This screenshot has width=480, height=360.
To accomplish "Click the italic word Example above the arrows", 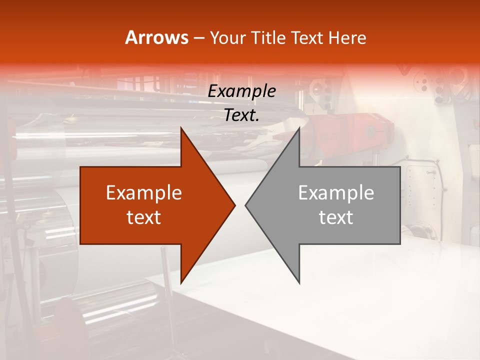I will (242, 91).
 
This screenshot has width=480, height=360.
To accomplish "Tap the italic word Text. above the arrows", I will (242, 115).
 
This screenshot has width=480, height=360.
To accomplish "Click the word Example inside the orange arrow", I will (144, 193).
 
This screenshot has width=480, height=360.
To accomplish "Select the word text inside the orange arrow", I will (144, 217).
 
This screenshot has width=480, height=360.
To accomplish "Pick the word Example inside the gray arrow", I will (336, 193).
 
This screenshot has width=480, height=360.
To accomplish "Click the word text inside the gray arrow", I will (336, 217).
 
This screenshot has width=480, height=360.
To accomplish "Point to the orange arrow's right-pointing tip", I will (234, 205).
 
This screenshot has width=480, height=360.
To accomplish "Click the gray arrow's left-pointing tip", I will (246, 205).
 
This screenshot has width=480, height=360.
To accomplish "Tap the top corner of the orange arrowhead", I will (181, 128).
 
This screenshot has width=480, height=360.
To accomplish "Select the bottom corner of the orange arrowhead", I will (181, 282).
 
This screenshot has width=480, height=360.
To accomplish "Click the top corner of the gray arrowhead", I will (299, 128).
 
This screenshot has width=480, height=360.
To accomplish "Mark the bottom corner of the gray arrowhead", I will (299, 282).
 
